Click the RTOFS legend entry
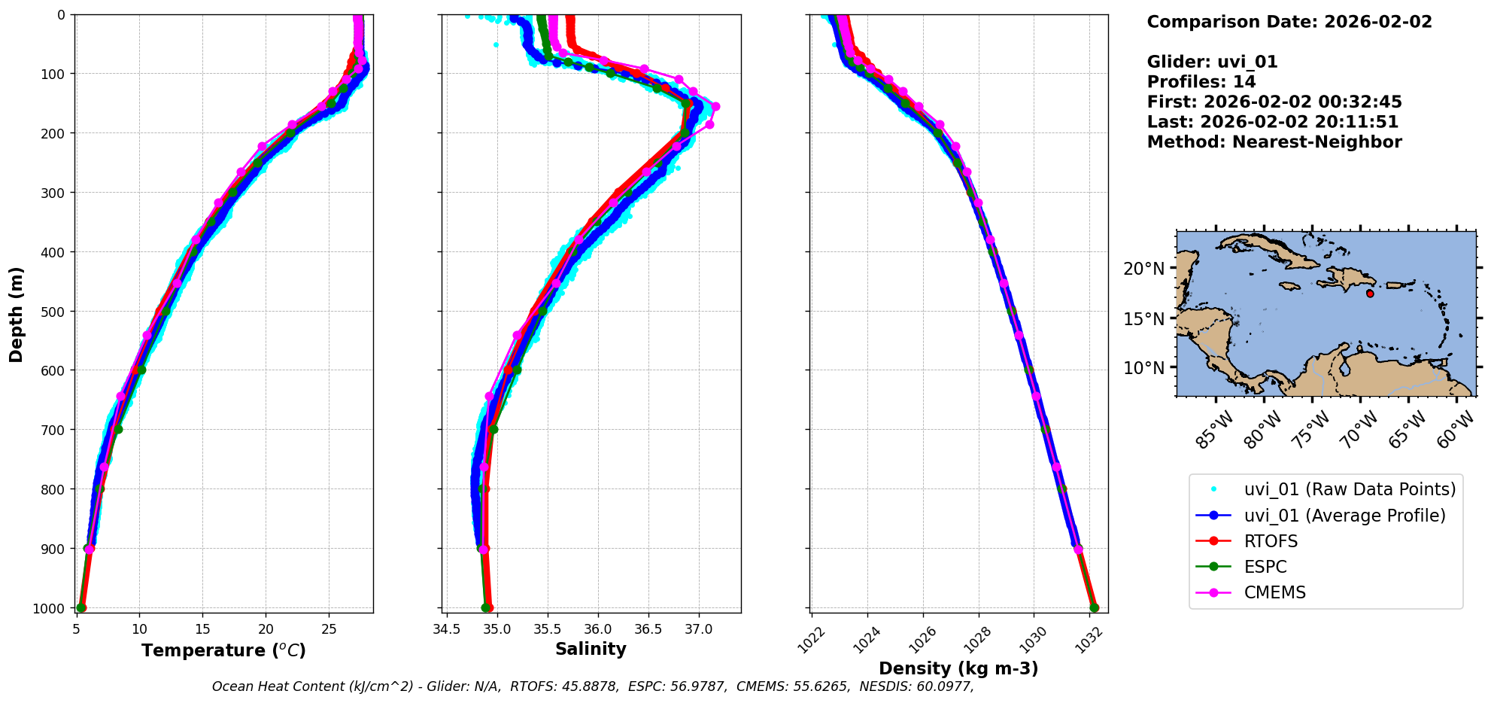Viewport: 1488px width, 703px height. [1271, 541]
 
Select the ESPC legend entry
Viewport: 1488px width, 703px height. [1265, 567]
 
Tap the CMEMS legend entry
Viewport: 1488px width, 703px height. [1274, 592]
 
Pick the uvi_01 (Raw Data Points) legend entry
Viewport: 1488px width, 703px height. [1350, 489]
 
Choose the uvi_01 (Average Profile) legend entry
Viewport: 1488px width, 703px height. [1344, 516]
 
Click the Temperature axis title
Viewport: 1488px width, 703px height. [223, 650]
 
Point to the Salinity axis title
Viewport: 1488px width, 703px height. [591, 649]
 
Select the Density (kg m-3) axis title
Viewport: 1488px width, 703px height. [958, 668]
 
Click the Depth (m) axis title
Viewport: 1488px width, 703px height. [16, 314]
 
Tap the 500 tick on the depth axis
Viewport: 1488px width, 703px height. [55, 311]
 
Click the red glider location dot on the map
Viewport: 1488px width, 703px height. [1370, 294]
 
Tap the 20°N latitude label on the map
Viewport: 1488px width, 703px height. [1143, 269]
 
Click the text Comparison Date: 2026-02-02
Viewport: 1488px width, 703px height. [1289, 22]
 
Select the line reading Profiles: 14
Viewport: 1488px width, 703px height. [1201, 82]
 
